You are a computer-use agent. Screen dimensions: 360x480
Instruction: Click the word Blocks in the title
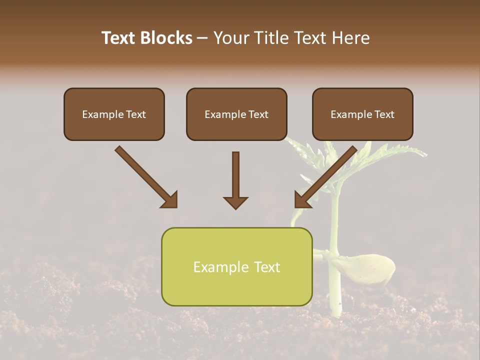168,38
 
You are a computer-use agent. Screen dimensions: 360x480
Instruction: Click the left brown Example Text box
114,114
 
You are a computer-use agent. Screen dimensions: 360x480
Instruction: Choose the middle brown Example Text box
236,114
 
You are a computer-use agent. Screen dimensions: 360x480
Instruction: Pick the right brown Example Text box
362,114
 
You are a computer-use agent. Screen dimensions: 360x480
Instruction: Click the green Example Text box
236,266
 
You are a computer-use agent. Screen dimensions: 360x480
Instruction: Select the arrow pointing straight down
235,180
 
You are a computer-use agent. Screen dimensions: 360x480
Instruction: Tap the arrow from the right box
325,177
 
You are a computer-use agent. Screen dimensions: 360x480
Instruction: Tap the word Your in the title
229,38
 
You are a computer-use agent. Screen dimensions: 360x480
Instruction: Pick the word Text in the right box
384,114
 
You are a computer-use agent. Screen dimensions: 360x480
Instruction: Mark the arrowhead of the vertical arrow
235,202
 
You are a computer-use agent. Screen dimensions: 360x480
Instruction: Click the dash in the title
202,38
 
